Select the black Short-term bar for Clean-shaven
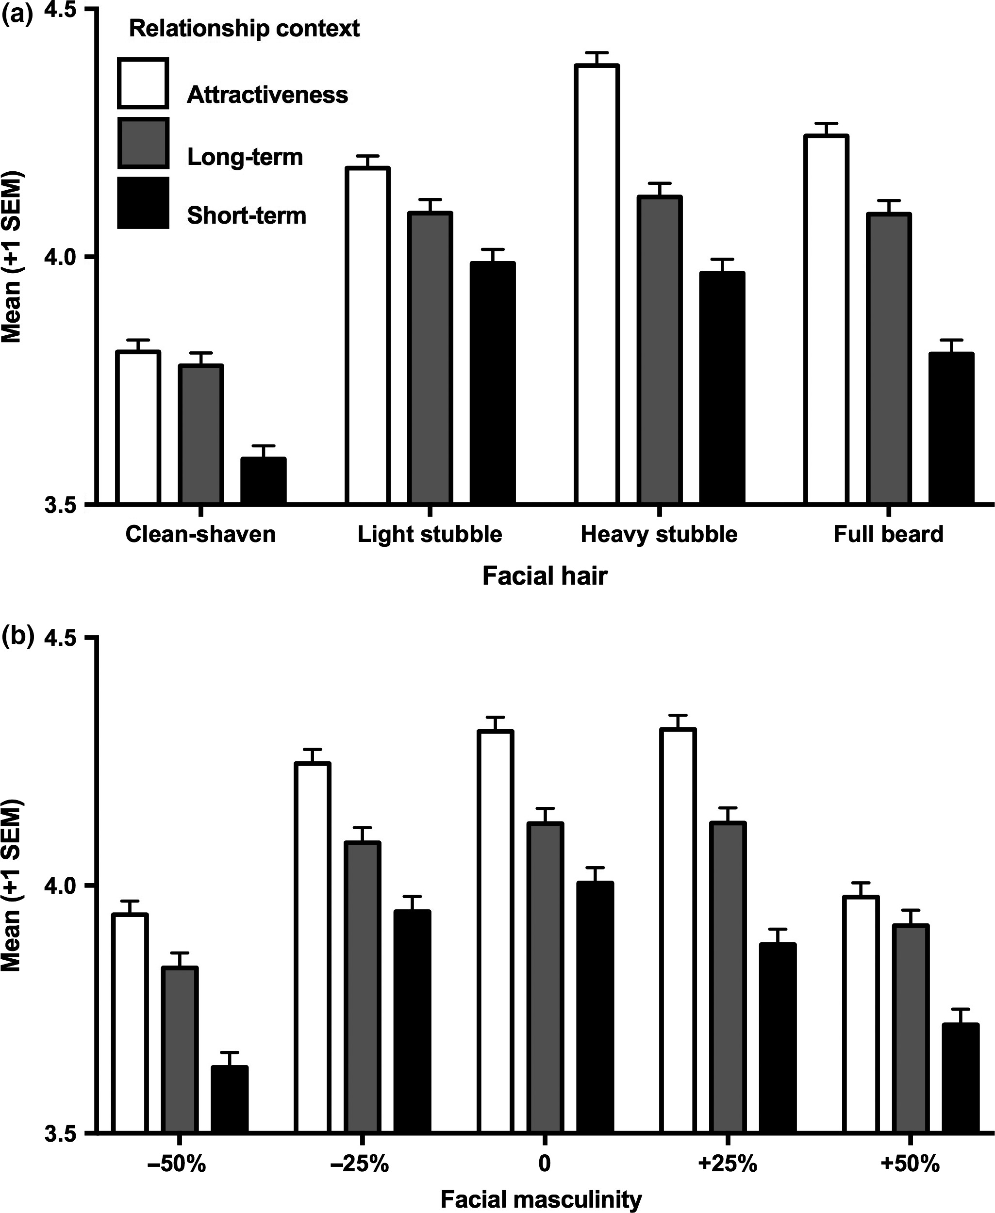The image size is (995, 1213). [263, 481]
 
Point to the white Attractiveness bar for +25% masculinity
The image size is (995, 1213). [678, 931]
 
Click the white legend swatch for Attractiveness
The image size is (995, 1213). [143, 83]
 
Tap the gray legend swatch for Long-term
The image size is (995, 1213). [143, 143]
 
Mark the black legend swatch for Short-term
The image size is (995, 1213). [143, 203]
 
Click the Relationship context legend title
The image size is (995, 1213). [244, 28]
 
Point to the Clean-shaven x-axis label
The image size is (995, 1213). [200, 535]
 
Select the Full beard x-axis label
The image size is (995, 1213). [888, 535]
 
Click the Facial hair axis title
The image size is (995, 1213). [545, 576]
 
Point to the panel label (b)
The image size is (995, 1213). [17, 636]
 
